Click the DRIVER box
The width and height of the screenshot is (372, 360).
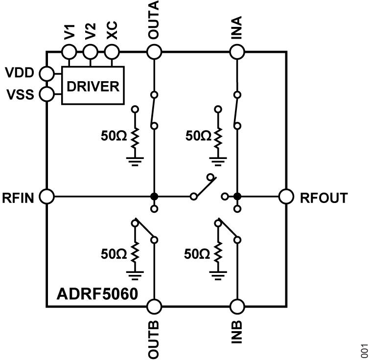coord(93,86)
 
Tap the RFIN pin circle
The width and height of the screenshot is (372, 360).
coord(47,197)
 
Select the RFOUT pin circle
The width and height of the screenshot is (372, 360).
coord(286,197)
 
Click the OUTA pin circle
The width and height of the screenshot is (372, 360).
coord(154,51)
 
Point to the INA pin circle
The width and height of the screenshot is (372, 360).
coord(237,51)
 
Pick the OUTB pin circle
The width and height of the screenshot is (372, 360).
coord(154,307)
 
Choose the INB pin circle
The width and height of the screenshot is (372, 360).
coord(237,307)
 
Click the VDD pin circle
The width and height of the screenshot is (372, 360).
coord(47,74)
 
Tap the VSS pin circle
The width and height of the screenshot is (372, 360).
coord(47,93)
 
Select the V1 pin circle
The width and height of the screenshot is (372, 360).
coord(69,51)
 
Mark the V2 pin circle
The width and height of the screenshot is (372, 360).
coord(90,51)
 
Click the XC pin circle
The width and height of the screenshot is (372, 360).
coord(112,51)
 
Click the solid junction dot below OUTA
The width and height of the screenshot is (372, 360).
coord(154,197)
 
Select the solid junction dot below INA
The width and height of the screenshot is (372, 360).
coord(237,197)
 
